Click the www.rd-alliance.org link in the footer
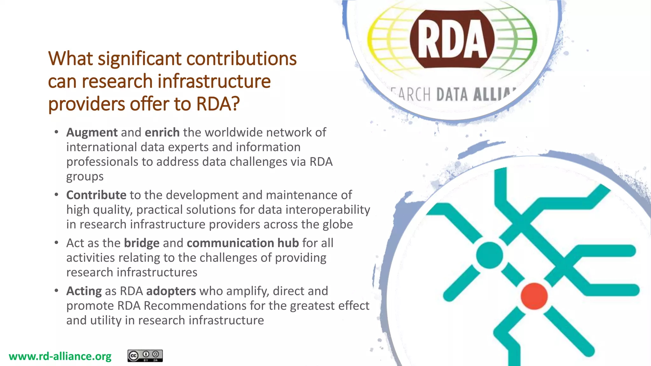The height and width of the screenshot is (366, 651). [x=60, y=356]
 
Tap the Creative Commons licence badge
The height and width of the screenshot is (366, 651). [x=145, y=356]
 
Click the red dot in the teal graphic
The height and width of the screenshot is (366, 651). [x=534, y=296]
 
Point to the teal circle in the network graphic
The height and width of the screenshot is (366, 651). [x=490, y=255]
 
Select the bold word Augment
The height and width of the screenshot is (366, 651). [x=92, y=132]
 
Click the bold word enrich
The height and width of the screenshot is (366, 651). [x=162, y=132]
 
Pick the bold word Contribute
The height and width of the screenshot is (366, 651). [x=96, y=195]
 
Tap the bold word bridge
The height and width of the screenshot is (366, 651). [x=141, y=243]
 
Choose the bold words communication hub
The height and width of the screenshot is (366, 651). [x=243, y=243]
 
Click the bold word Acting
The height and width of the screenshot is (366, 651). [x=84, y=291]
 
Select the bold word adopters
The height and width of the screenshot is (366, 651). [x=171, y=291]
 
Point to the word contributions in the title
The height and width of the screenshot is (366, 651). [x=241, y=59]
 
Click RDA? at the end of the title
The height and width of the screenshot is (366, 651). [x=218, y=104]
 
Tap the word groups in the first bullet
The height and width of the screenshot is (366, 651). [x=85, y=177]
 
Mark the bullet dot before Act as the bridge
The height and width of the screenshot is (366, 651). [x=56, y=243]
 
